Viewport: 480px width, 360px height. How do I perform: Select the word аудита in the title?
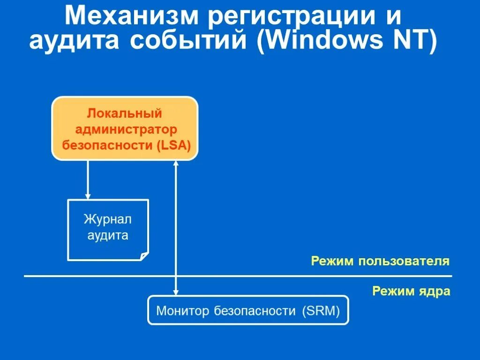coord(78,41)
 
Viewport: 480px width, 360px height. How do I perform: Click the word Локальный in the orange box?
coord(124,113)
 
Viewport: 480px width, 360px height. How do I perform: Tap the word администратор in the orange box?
coord(124,129)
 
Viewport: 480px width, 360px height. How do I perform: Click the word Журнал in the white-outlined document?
coord(108,219)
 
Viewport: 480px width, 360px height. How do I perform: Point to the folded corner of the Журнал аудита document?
coord(144,256)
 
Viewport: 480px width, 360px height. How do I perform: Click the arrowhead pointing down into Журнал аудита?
coord(87,195)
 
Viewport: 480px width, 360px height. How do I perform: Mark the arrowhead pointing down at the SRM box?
coord(176,292)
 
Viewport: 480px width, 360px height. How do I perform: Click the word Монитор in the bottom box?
coord(183,310)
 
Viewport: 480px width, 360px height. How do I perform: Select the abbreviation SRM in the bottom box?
coord(321,310)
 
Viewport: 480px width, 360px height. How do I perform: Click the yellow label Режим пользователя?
coord(380,261)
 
